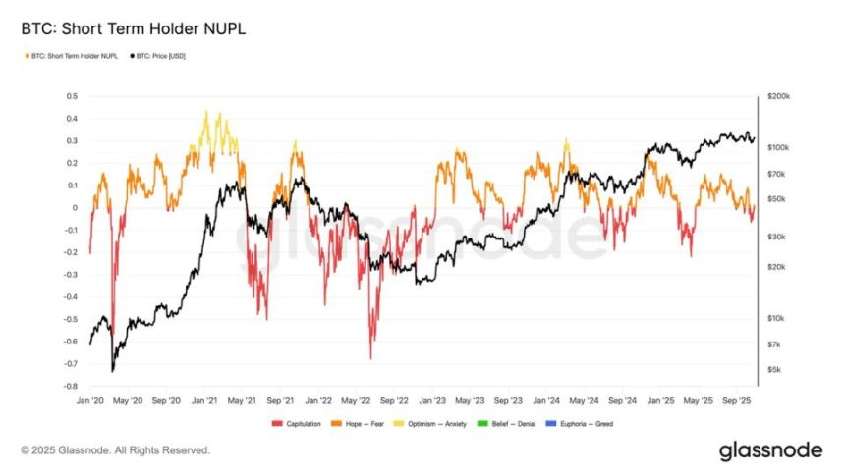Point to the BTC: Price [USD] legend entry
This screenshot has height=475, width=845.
point(159,56)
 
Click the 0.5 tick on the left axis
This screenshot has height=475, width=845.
point(71,96)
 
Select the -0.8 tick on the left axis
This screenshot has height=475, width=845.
point(71,386)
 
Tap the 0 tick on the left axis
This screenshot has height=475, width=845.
point(74,207)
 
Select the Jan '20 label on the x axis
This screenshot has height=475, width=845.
point(90,400)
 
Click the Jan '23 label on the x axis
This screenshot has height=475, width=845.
point(431,400)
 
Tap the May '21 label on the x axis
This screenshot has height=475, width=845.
point(241,400)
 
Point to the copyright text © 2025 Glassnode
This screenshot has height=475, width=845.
point(115,450)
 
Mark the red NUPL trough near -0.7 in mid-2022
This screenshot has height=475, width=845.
point(371,358)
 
